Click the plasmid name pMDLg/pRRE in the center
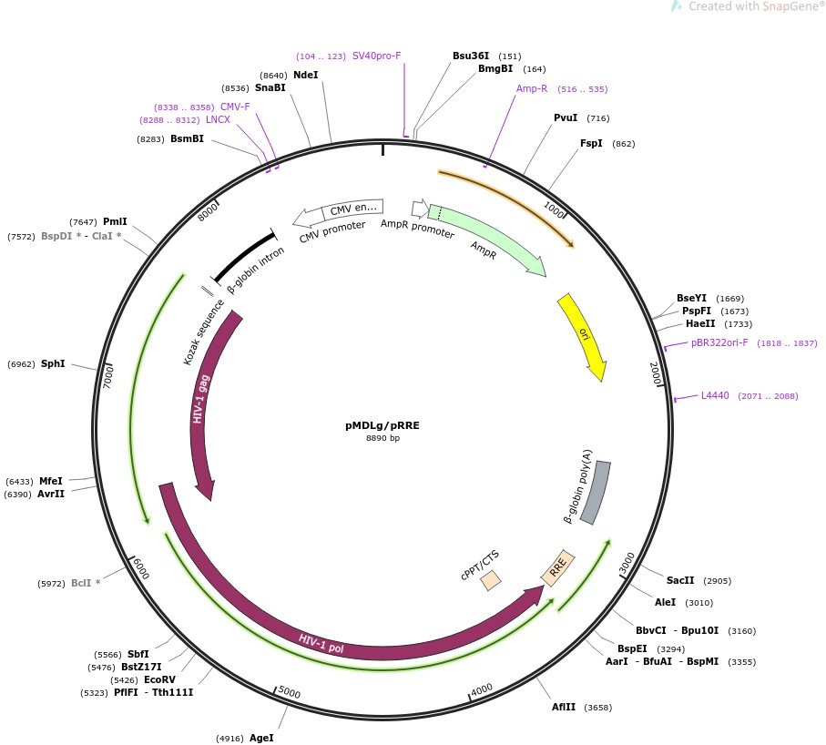pyautogui.click(x=382, y=424)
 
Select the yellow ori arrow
pyautogui.click(x=581, y=335)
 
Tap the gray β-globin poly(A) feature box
pyautogui.click(x=597, y=492)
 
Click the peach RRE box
pyautogui.click(x=557, y=567)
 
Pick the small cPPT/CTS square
pyautogui.click(x=491, y=579)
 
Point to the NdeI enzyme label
pyautogui.click(x=306, y=75)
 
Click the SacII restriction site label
pyautogui.click(x=680, y=580)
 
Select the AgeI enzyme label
pyautogui.click(x=261, y=738)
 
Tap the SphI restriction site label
pyautogui.click(x=53, y=363)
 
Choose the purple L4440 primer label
pyautogui.click(x=715, y=395)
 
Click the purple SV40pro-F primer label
pyautogui.click(x=377, y=56)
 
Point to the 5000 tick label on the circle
pyautogui.click(x=289, y=693)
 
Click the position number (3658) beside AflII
pyautogui.click(x=598, y=707)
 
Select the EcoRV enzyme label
pyautogui.click(x=160, y=679)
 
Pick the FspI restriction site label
pyautogui.click(x=592, y=143)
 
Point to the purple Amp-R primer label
pyautogui.click(x=532, y=88)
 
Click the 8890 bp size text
pyautogui.click(x=382, y=438)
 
